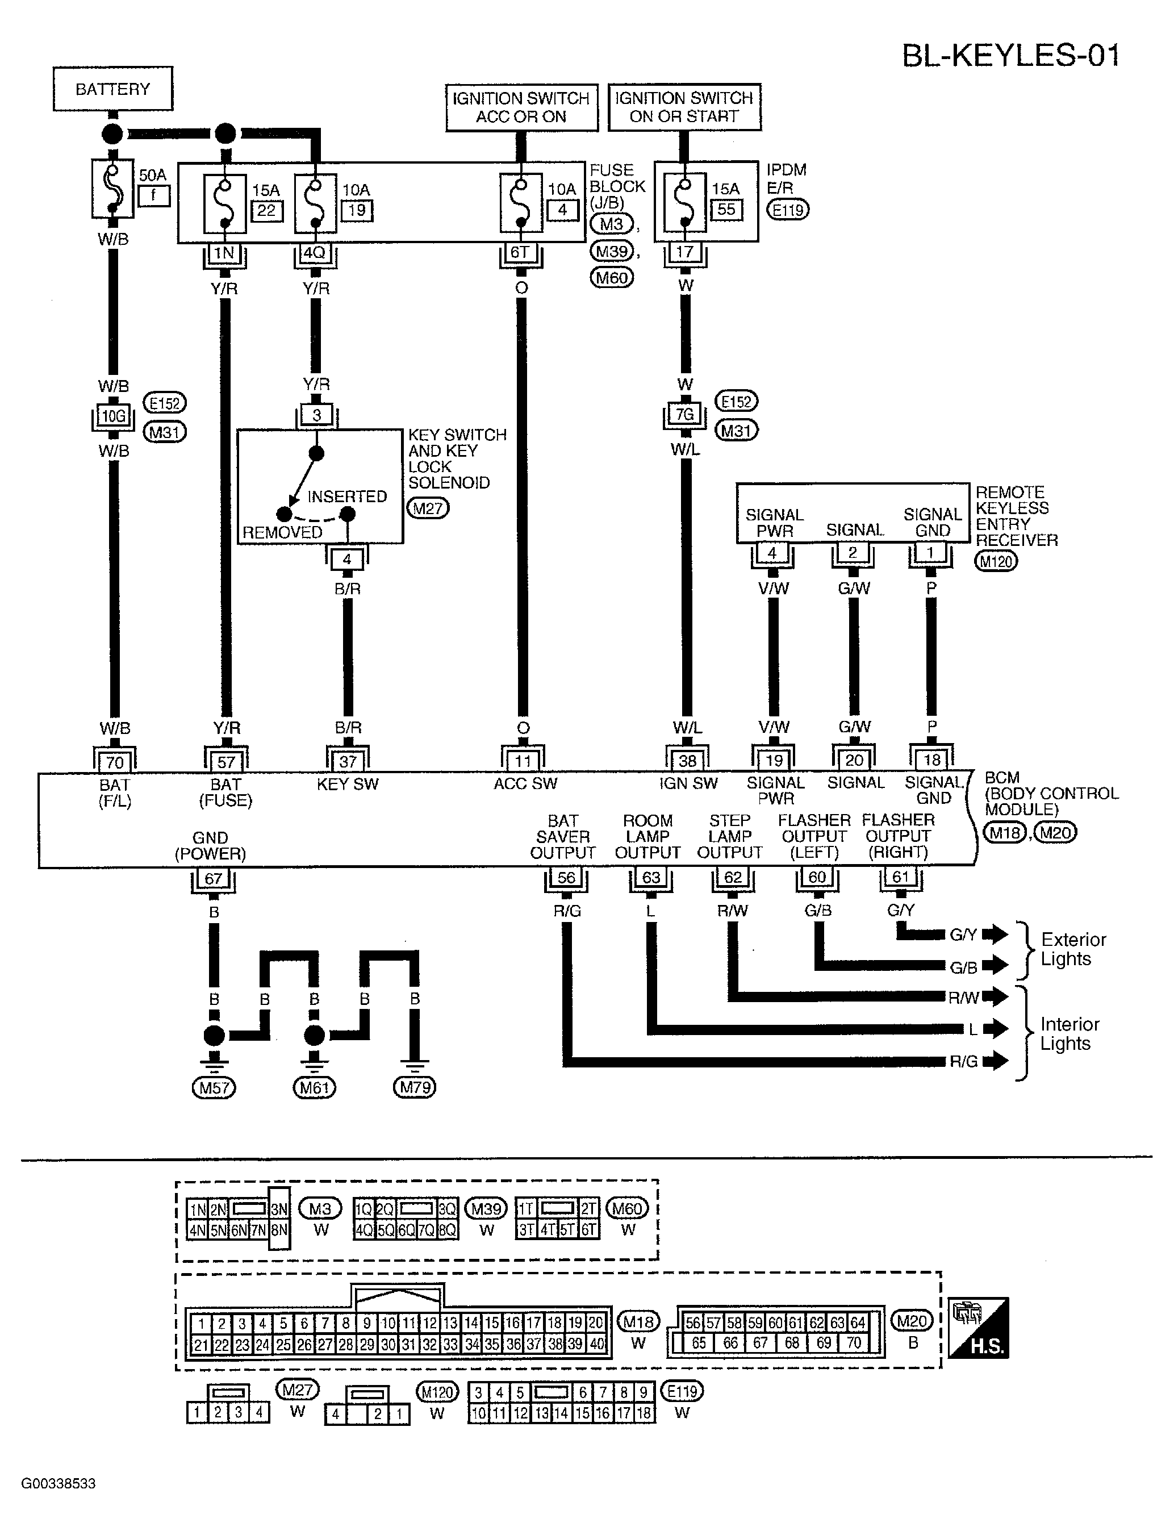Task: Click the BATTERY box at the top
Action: (x=112, y=89)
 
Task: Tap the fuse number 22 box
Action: (x=266, y=210)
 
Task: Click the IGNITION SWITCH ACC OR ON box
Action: (x=522, y=107)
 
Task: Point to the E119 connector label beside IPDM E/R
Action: (x=788, y=209)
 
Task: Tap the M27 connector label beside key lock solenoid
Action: (x=428, y=508)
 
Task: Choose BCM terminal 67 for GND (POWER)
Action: (x=213, y=878)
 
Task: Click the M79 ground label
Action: (x=415, y=1087)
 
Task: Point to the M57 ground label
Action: (x=214, y=1087)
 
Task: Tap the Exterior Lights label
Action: (x=1073, y=949)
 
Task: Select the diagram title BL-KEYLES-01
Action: (x=1011, y=56)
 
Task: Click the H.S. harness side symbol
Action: (x=978, y=1327)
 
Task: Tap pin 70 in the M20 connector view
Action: (x=853, y=1343)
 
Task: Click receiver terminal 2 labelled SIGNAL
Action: (x=853, y=553)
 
